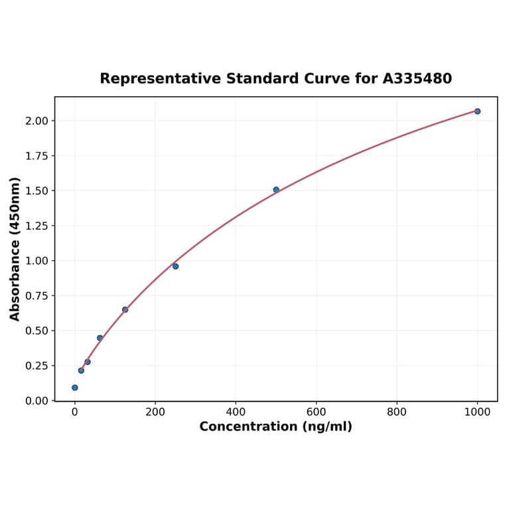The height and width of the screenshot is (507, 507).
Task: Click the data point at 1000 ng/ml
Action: click(x=477, y=111)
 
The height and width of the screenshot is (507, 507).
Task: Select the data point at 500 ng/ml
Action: click(x=276, y=190)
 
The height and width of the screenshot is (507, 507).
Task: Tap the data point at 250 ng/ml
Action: click(x=175, y=266)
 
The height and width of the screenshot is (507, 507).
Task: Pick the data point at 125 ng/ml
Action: click(x=125, y=310)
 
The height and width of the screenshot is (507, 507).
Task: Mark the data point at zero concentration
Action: click(x=74, y=388)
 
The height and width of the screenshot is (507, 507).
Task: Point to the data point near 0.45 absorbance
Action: click(x=100, y=338)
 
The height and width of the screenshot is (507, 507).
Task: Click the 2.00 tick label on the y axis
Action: click(x=37, y=121)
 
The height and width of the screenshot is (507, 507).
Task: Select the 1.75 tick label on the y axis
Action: click(x=37, y=156)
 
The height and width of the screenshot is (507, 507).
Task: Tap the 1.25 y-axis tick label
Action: click(x=37, y=226)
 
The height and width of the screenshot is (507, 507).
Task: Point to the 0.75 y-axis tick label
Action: click(x=37, y=296)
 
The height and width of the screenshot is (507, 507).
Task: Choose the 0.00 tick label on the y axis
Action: click(x=37, y=401)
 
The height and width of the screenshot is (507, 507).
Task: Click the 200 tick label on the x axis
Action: click(x=155, y=411)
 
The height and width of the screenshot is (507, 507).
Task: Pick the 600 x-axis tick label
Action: click(x=317, y=411)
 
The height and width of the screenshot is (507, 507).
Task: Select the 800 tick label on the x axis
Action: click(x=397, y=411)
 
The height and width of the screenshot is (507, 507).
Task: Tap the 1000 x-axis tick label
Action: click(x=477, y=411)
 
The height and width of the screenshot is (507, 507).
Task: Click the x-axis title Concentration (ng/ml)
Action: click(x=276, y=427)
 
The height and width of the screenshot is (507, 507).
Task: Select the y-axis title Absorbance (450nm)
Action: click(x=15, y=249)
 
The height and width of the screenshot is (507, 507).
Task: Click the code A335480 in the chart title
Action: click(x=417, y=79)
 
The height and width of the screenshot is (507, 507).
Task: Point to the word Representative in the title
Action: click(x=161, y=79)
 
